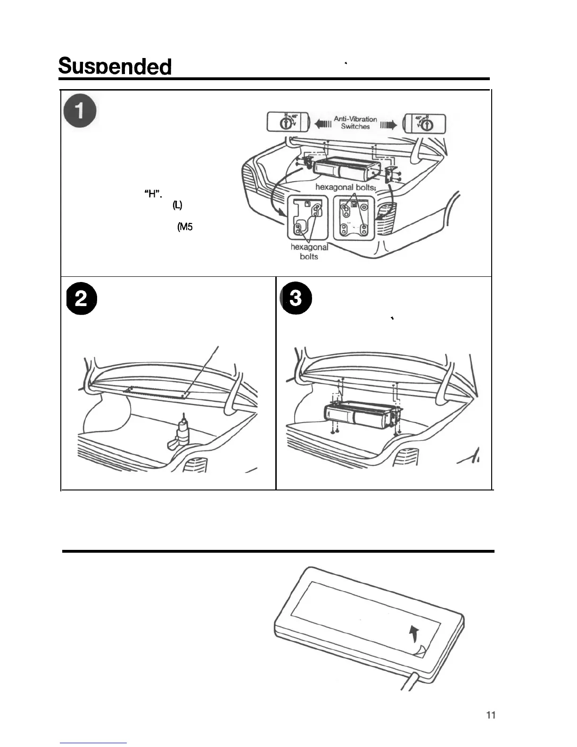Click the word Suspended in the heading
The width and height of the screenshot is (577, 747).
(x=115, y=67)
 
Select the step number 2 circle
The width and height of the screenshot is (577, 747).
(x=81, y=300)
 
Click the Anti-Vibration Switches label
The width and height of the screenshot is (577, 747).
(x=355, y=123)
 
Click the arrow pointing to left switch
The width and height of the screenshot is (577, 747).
(x=322, y=124)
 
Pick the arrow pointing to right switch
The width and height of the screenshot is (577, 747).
(x=388, y=124)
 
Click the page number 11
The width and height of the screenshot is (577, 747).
(x=490, y=715)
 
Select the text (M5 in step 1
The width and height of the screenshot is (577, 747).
(x=185, y=227)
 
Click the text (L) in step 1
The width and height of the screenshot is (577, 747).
(x=177, y=205)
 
